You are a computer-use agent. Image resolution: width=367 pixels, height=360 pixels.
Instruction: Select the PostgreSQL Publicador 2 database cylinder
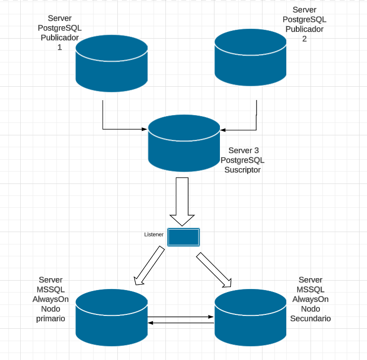click(251, 58)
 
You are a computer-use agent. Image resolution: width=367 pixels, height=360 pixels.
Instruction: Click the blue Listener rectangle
click(184, 237)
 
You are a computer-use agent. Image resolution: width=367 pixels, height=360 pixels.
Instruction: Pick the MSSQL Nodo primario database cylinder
click(112, 317)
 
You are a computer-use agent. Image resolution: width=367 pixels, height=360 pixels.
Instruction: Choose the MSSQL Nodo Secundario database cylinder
click(251, 317)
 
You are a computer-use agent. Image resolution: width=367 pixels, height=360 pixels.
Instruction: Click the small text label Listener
click(154, 235)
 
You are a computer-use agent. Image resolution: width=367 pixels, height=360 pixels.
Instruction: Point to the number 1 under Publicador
click(59, 48)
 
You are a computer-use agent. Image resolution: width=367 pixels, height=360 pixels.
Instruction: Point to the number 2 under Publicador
click(304, 38)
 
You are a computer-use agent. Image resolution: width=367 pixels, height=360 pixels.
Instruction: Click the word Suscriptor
click(243, 170)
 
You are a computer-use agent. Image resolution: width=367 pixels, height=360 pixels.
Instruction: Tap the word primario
click(51, 318)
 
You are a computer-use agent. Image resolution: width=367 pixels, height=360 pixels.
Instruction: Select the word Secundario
click(311, 318)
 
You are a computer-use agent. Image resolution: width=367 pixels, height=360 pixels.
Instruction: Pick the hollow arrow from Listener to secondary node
click(214, 270)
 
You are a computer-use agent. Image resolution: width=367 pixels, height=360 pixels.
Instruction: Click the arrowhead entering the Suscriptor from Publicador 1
click(145, 129)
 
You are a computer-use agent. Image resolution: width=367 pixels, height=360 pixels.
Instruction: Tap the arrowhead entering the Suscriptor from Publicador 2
click(223, 130)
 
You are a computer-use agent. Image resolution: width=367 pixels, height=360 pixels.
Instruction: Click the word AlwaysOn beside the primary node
click(51, 299)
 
